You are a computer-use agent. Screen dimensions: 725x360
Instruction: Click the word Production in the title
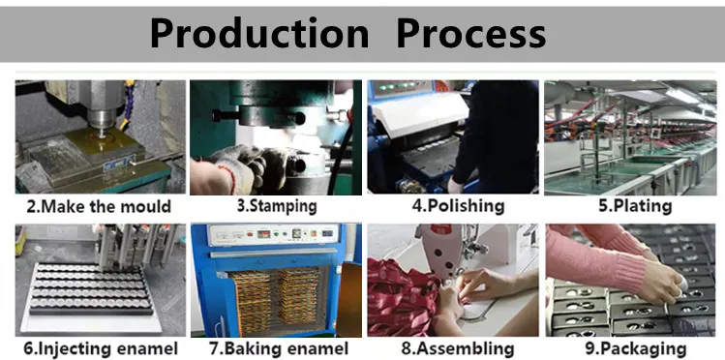(259, 33)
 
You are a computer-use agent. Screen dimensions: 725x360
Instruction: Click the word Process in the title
(471, 33)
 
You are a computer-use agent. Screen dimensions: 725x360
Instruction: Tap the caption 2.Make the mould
(99, 206)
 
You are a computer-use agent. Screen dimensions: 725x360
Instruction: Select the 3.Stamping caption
(277, 206)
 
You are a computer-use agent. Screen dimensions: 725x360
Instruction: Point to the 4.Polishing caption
(458, 206)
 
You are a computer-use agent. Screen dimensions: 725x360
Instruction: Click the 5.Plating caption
(635, 206)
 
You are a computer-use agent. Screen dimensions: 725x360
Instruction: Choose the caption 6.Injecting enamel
(101, 349)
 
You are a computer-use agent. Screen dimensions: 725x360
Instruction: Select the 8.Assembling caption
(457, 349)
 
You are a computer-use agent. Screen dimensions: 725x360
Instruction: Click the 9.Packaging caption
(636, 349)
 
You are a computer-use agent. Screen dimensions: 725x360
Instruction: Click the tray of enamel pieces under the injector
(91, 289)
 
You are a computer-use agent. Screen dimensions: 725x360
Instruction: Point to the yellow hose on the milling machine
(128, 104)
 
